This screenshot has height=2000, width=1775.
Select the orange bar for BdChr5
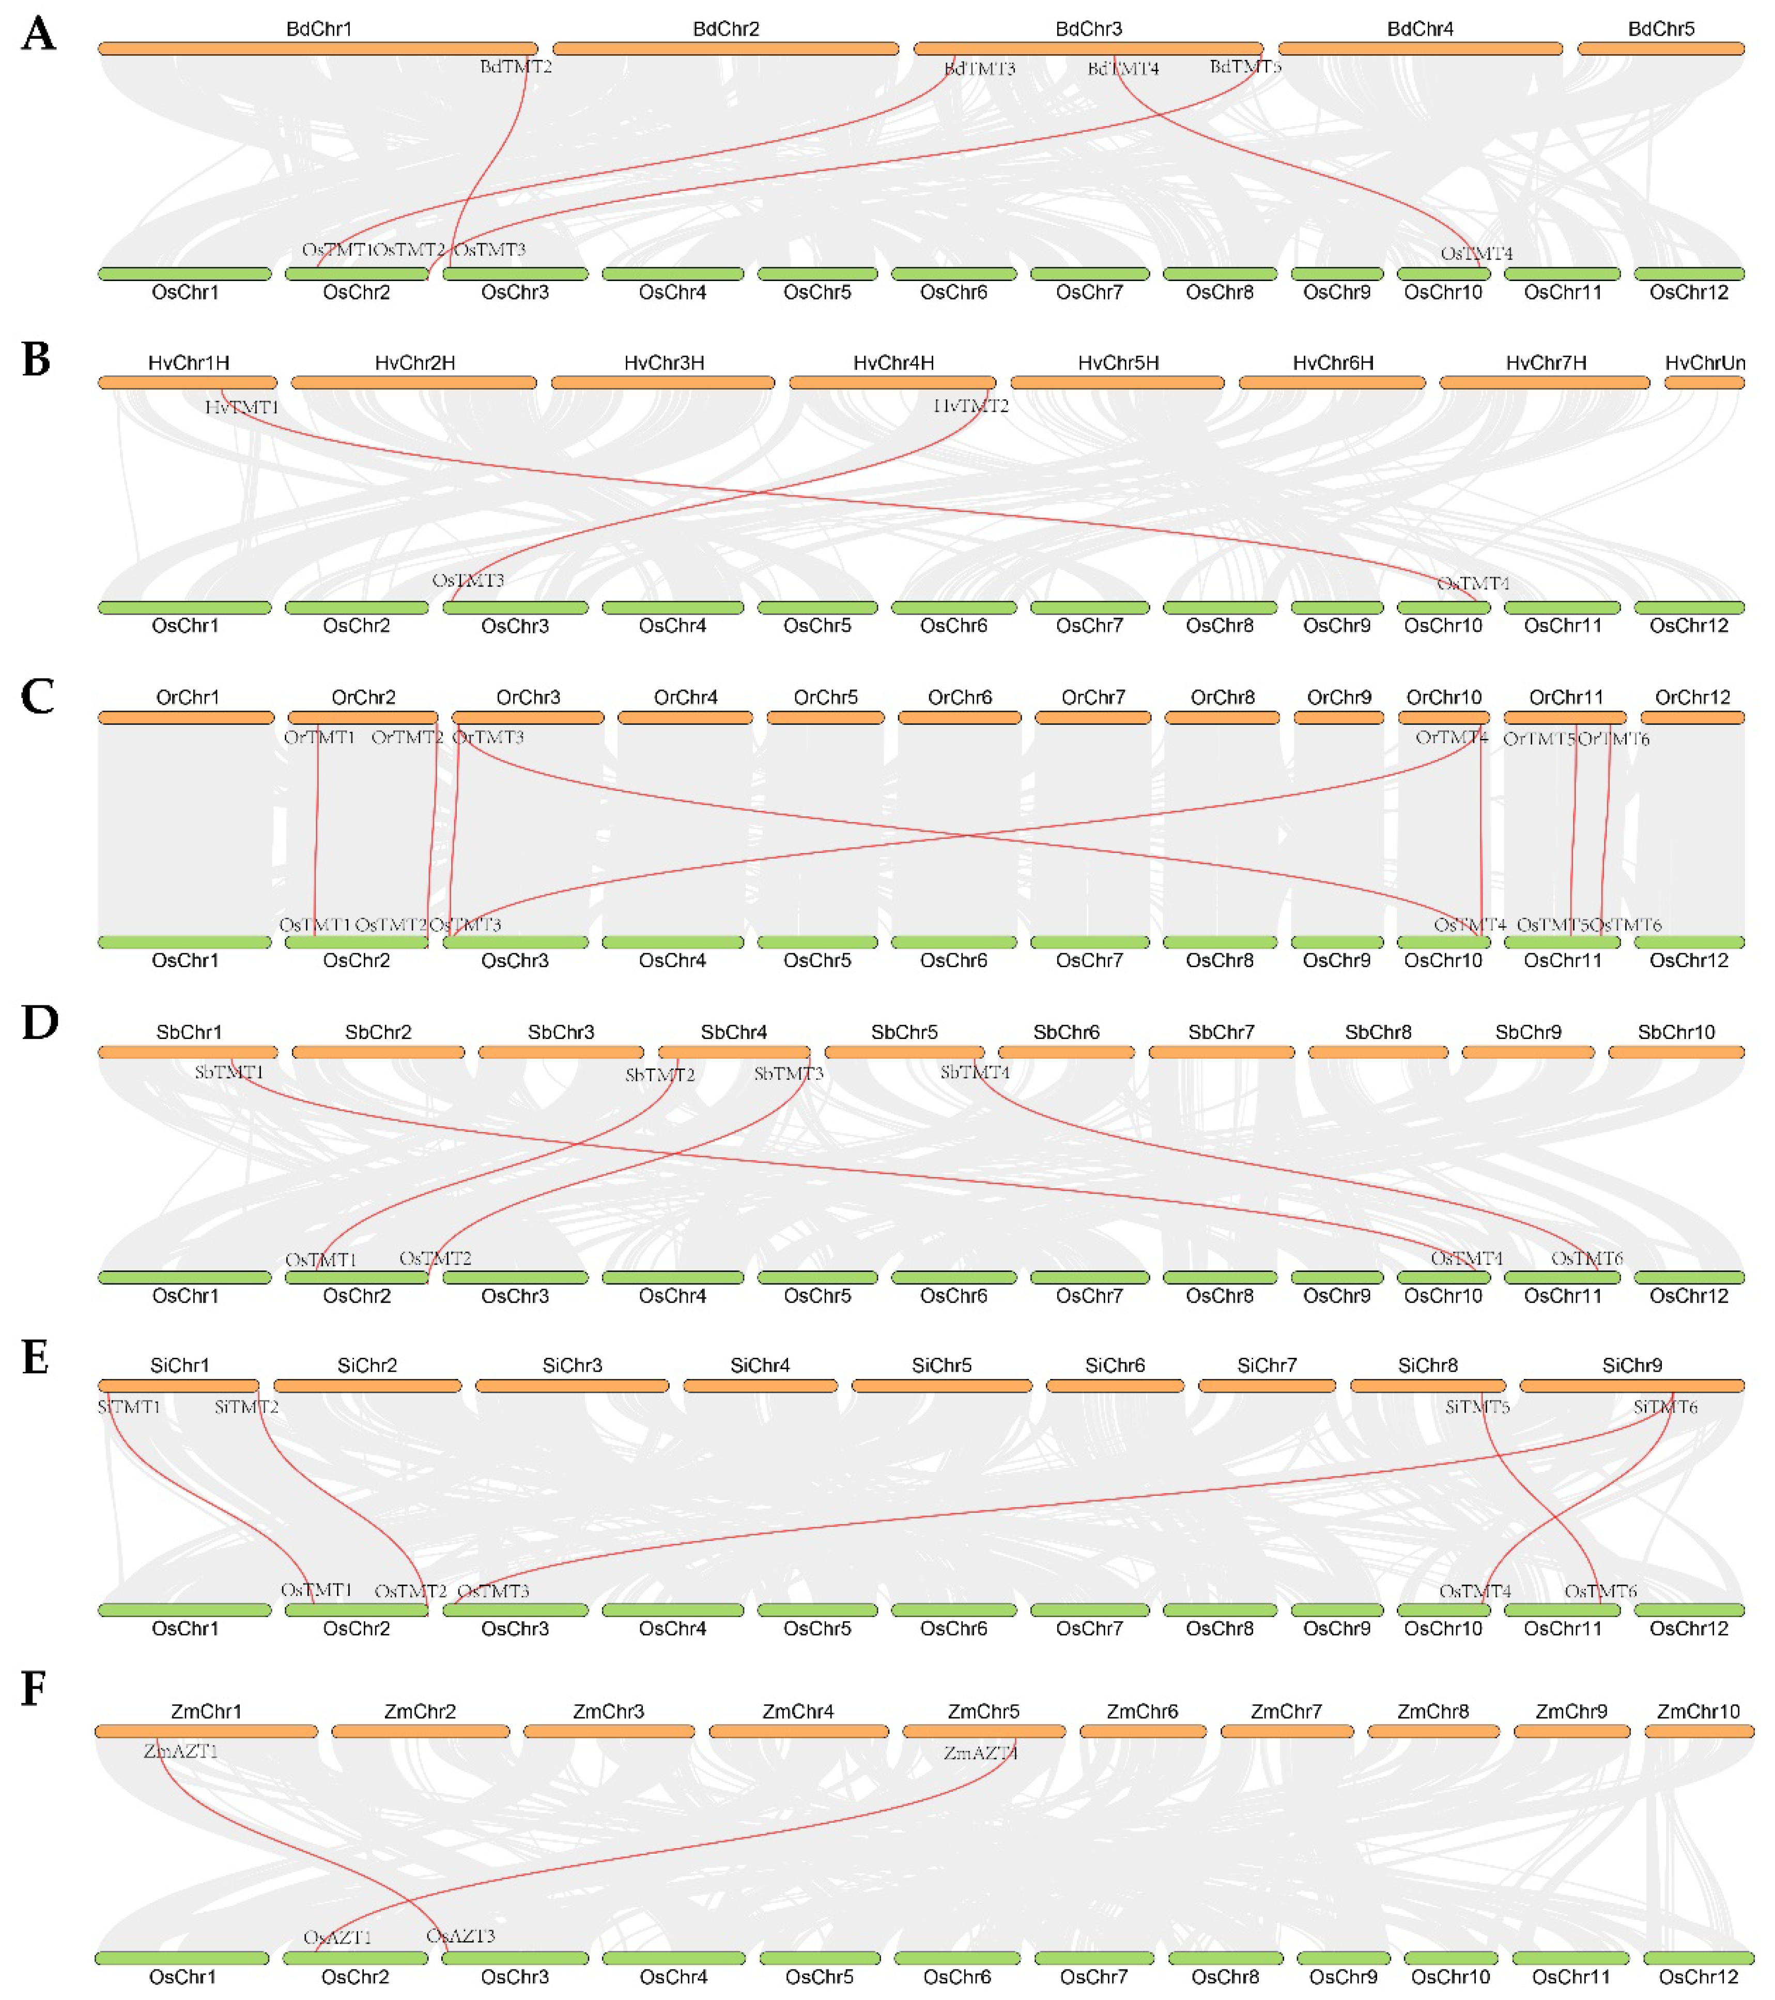click(x=1660, y=48)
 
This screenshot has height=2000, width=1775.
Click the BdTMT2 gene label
click(x=516, y=67)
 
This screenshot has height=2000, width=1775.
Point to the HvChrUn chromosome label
click(x=1705, y=363)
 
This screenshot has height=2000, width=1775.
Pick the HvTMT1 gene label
click(x=242, y=406)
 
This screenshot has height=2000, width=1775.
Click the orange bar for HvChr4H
click(x=892, y=382)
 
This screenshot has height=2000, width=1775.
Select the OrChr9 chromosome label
click(x=1338, y=697)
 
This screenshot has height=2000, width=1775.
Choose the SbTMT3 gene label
click(x=789, y=1074)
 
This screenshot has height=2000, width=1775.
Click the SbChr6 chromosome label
click(x=1067, y=1032)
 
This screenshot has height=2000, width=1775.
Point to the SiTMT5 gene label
click(x=1477, y=1407)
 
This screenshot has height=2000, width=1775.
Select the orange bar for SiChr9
click(x=1631, y=1386)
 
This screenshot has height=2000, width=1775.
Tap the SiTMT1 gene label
click(x=129, y=1407)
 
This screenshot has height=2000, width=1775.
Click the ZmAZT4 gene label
click(x=980, y=1753)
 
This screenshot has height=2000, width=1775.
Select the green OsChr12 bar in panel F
click(x=1697, y=1958)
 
